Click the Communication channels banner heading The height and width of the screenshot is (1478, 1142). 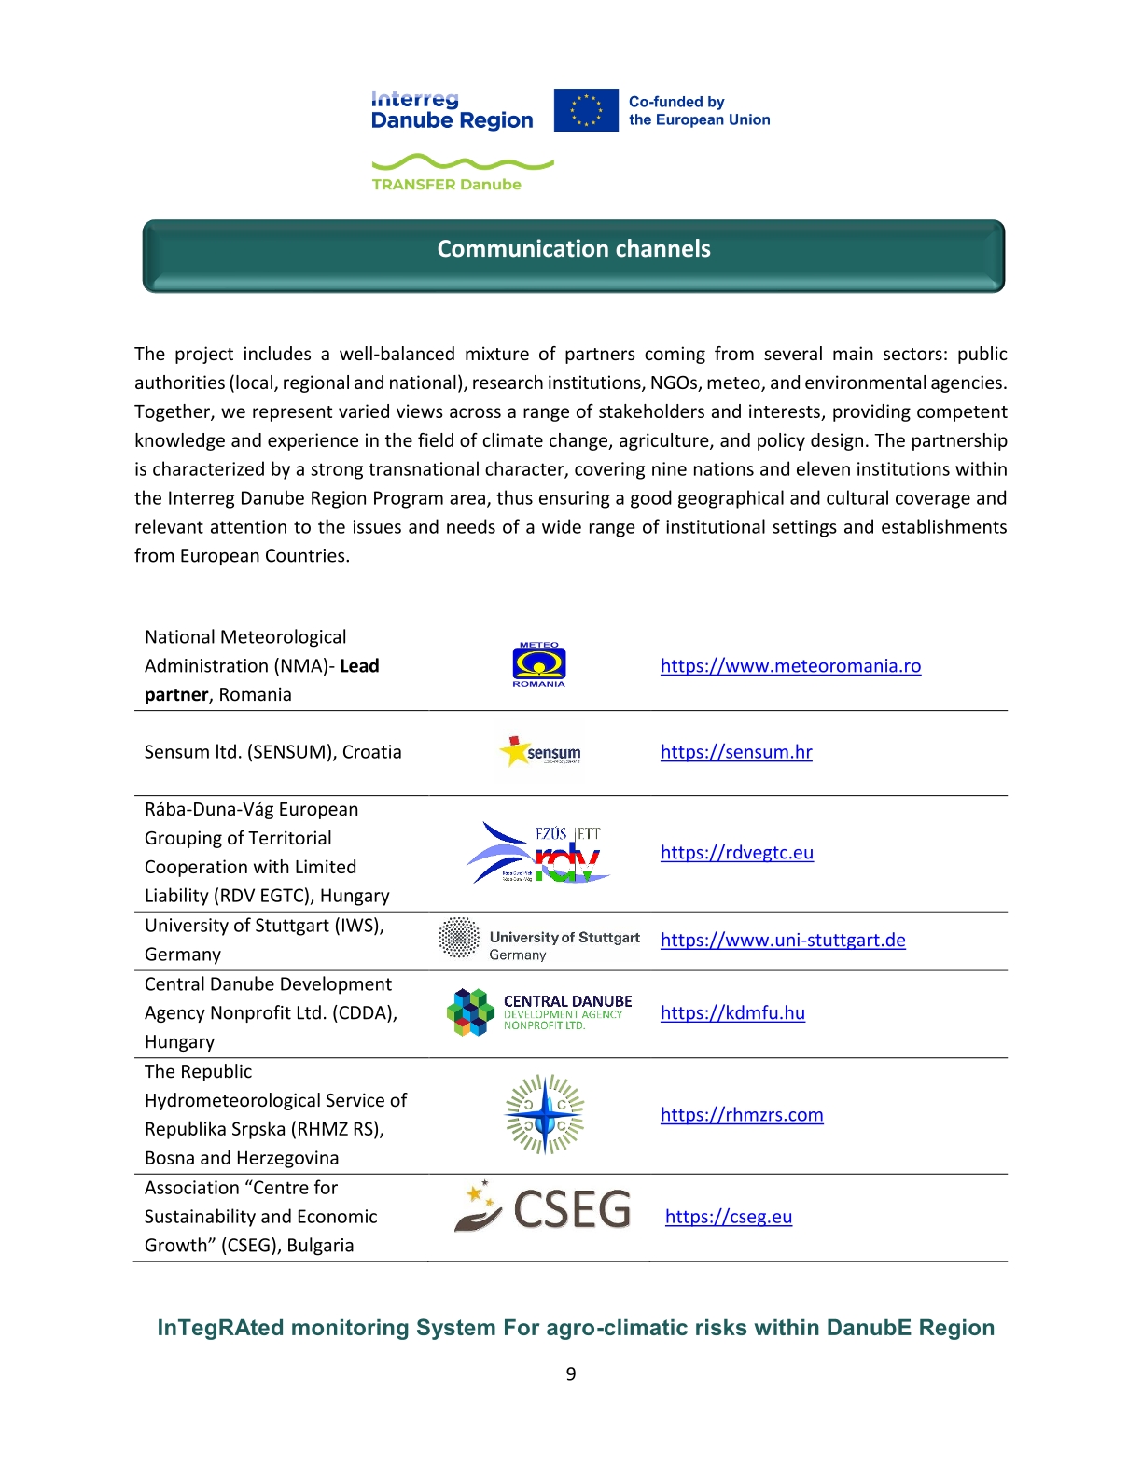pyautogui.click(x=573, y=249)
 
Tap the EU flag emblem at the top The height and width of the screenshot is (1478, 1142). pyautogui.click(x=586, y=110)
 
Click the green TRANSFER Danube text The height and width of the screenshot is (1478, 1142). pyautogui.click(x=446, y=185)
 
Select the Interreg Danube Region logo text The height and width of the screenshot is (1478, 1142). pyautogui.click(x=452, y=111)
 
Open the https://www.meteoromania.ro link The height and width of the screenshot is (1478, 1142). pyautogui.click(x=790, y=666)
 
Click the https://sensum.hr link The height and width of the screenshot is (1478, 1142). pyautogui.click(x=736, y=752)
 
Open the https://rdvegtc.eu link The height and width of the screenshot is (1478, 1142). pyautogui.click(x=736, y=853)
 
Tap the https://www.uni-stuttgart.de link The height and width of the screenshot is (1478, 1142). pyautogui.click(x=783, y=941)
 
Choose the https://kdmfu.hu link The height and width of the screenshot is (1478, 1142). pyautogui.click(x=732, y=1013)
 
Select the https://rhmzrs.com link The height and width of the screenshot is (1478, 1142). pyautogui.click(x=742, y=1115)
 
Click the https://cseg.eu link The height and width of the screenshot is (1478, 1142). pyautogui.click(x=729, y=1217)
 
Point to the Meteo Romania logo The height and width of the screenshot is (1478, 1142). pyautogui.click(x=539, y=665)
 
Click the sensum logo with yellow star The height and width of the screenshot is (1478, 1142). pyautogui.click(x=541, y=751)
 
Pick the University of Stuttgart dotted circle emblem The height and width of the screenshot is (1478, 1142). pyautogui.click(x=459, y=938)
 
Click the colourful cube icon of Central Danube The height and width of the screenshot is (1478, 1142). pyautogui.click(x=470, y=1012)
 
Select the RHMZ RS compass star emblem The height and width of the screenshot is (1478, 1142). pyautogui.click(x=545, y=1114)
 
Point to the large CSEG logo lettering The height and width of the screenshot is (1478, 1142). pyautogui.click(x=572, y=1210)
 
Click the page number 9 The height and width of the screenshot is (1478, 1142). pyautogui.click(x=571, y=1374)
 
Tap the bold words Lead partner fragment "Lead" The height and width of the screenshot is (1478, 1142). pyautogui.click(x=359, y=666)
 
